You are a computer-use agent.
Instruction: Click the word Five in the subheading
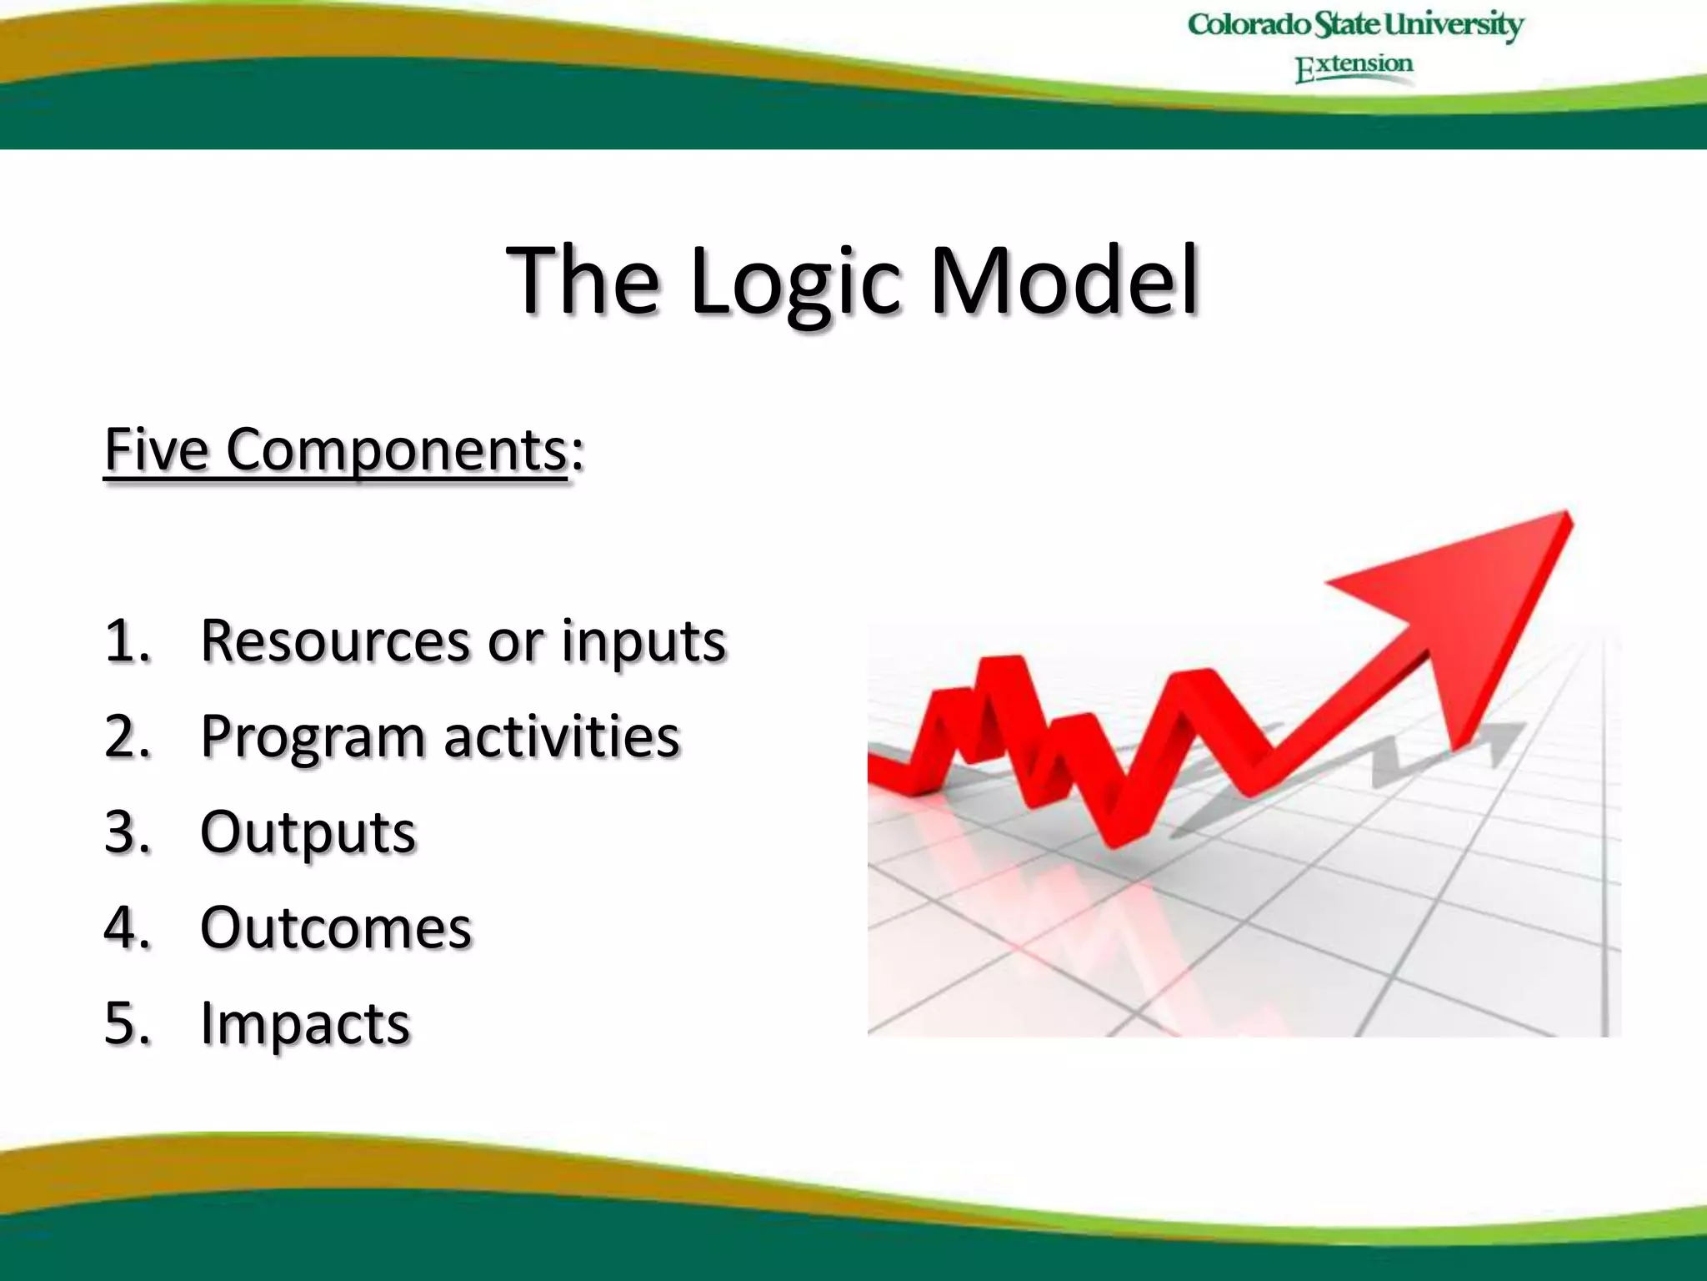point(156,450)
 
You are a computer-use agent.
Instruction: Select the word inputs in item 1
point(643,642)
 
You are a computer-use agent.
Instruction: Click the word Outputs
point(308,832)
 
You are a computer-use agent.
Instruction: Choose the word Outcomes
point(335,927)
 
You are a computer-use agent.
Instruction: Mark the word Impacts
point(305,1023)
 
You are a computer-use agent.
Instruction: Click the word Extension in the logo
point(1354,67)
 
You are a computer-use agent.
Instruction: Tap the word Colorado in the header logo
point(1248,24)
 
